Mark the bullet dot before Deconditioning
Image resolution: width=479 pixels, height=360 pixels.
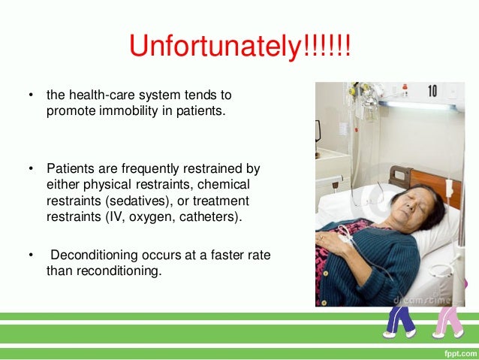pos(31,256)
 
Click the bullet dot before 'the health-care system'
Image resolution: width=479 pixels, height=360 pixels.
pos(31,95)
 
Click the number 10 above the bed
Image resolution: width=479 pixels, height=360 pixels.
pos(431,92)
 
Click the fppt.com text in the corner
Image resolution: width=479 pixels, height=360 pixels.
pos(455,351)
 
